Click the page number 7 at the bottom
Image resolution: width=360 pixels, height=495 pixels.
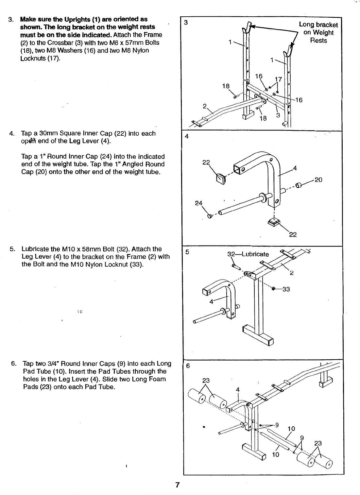177,485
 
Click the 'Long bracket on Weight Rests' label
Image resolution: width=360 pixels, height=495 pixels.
318,32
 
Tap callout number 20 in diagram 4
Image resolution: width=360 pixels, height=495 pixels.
318,179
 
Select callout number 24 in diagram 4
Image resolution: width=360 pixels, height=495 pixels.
198,203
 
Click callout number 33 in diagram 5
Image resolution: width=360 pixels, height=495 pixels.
286,289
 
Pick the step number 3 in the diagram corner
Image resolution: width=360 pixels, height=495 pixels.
186,23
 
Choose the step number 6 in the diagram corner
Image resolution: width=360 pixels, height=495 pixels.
188,366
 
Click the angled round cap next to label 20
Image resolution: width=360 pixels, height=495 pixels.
298,185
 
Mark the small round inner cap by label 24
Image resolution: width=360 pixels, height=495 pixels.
210,215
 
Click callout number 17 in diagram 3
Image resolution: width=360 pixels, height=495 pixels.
278,79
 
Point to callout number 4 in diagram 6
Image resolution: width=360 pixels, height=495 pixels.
238,389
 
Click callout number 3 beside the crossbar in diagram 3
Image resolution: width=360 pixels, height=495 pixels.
278,115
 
